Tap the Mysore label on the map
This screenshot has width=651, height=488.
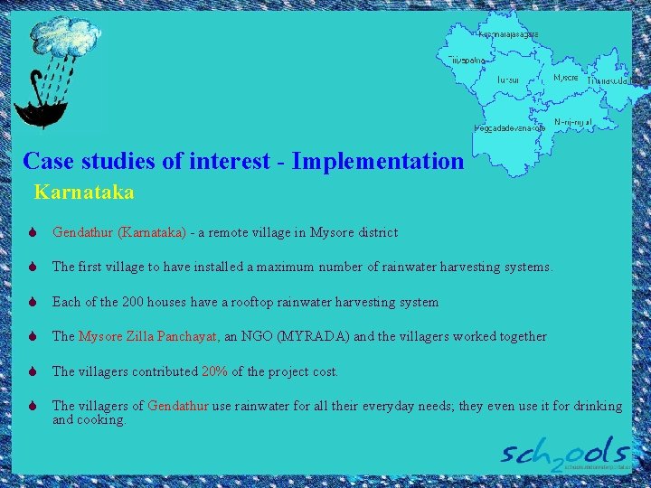(x=565, y=79)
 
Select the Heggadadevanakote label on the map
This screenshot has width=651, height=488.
(x=511, y=128)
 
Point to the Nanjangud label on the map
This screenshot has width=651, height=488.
(x=572, y=122)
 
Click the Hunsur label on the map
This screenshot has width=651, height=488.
(x=507, y=80)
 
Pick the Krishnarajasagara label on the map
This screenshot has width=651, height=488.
(x=508, y=33)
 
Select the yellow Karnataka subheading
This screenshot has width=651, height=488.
(x=84, y=192)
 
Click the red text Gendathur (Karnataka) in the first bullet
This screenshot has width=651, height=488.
(x=119, y=232)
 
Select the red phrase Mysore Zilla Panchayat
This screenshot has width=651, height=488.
(x=147, y=336)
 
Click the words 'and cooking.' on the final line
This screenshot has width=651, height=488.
(x=90, y=419)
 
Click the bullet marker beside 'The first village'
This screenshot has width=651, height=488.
(x=33, y=267)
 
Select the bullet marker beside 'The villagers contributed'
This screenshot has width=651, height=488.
(x=33, y=371)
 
